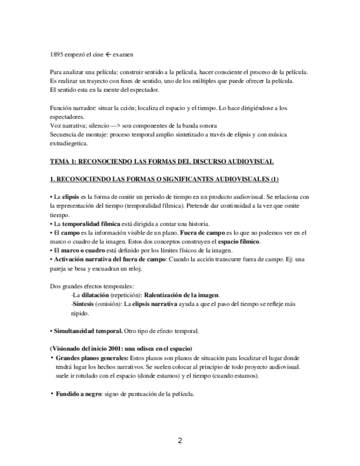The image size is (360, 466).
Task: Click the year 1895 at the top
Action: [x=56, y=56]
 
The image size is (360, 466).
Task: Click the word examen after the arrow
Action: [x=120, y=56]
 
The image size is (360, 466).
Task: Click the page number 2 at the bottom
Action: [x=180, y=441]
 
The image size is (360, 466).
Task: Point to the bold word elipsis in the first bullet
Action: [x=71, y=197]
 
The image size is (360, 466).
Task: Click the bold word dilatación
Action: [x=96, y=295]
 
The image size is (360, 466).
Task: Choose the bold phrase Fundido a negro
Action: [x=79, y=394]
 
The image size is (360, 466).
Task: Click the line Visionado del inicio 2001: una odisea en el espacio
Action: [x=120, y=348]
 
